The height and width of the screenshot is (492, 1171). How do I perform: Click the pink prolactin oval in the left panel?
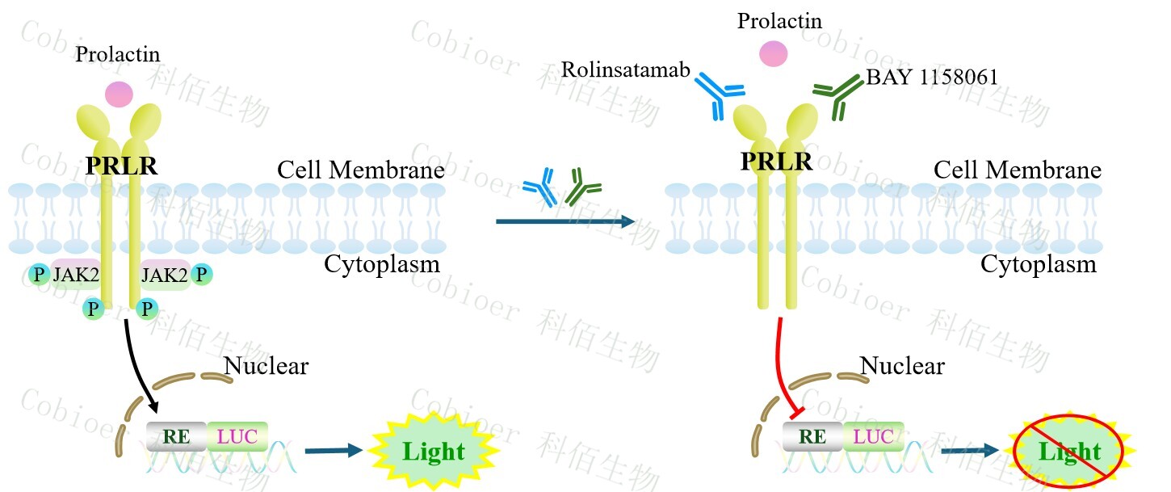119,95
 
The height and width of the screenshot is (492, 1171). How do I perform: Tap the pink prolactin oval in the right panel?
774,54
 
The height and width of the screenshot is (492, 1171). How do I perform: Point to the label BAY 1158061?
932,78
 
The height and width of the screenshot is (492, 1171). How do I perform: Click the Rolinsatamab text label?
626,70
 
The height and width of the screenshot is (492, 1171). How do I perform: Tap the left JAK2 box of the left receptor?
76,275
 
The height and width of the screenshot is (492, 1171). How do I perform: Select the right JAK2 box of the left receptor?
166,275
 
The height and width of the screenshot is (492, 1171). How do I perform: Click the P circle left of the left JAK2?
38,275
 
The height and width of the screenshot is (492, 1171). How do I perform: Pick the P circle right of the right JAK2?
202,274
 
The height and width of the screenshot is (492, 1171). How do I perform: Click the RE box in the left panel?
176,436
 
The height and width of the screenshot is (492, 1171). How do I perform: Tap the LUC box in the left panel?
237,436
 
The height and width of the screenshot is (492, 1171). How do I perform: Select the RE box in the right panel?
812,437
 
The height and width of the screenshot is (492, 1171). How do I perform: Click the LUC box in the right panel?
874,437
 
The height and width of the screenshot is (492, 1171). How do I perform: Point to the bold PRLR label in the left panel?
121,167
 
